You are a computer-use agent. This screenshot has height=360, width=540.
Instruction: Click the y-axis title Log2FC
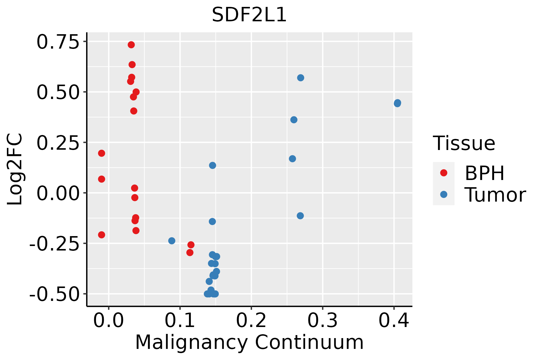(15, 169)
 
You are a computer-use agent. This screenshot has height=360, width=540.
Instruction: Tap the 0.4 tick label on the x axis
(394, 321)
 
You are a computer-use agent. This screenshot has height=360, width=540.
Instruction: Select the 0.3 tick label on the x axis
(322, 321)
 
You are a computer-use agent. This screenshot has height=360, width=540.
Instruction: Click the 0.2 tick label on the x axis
(251, 321)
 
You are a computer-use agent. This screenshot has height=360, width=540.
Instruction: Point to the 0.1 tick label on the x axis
(180, 321)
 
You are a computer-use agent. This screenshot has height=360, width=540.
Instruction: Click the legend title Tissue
(464, 143)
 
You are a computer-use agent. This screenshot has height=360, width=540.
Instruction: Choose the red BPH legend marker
(443, 173)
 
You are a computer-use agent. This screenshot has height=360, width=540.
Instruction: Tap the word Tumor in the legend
(495, 195)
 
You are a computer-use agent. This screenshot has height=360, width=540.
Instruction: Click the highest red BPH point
(131, 45)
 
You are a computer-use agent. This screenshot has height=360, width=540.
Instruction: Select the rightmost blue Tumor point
(397, 103)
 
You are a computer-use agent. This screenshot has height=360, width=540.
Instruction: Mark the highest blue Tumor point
(301, 78)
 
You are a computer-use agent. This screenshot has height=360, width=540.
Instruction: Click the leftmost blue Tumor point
(172, 241)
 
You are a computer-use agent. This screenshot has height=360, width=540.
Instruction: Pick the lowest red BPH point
(190, 253)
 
